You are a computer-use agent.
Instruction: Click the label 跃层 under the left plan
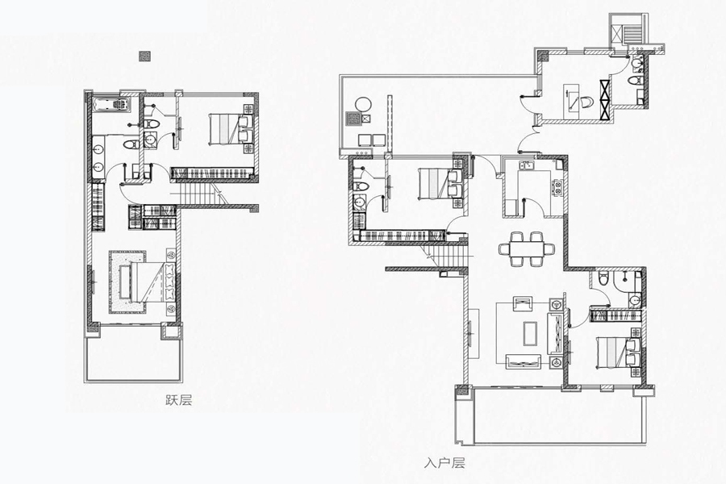179,400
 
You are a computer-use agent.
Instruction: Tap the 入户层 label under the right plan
444,463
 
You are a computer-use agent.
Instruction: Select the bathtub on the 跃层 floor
111,105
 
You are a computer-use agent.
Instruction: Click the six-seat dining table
527,248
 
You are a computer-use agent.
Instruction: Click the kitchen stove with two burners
557,186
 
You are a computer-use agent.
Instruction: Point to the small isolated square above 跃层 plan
145,56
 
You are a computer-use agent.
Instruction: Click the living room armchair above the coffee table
523,305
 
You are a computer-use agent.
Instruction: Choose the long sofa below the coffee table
524,361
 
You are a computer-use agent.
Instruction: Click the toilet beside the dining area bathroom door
603,280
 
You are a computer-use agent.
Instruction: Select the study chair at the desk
586,102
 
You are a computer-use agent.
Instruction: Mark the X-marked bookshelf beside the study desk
605,101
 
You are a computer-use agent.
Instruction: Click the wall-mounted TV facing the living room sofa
470,333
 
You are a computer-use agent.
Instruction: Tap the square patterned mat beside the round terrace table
353,119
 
